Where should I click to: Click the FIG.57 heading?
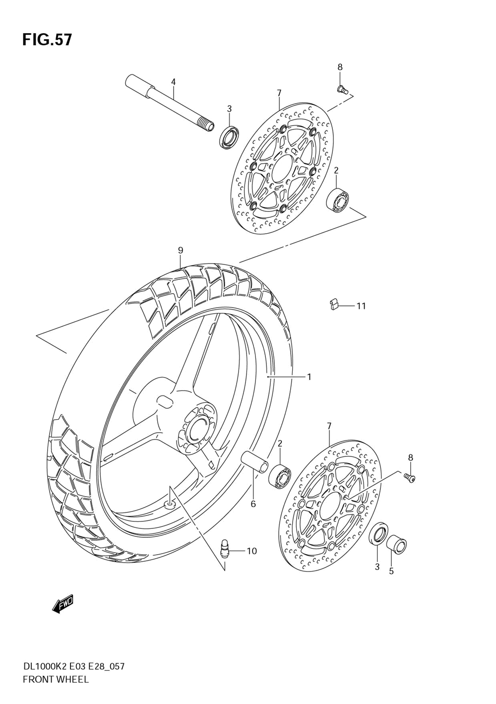tap(47, 40)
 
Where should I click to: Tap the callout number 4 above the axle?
tap(174, 81)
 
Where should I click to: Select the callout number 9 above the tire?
tap(181, 251)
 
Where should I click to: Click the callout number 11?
tap(361, 306)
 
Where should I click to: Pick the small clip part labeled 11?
tap(334, 304)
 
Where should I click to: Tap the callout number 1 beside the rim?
tap(309, 377)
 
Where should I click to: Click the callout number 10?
tap(251, 551)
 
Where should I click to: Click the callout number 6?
tap(253, 504)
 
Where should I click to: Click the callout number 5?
tap(391, 572)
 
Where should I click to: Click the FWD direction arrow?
tap(63, 604)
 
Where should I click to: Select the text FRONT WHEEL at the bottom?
tap(56, 679)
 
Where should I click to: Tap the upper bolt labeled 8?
tap(342, 89)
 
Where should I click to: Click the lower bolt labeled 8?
tap(409, 477)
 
